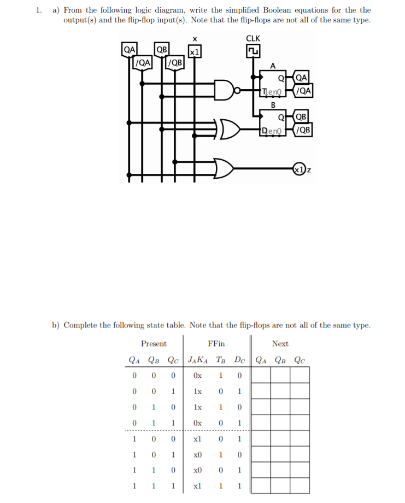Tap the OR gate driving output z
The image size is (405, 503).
225,168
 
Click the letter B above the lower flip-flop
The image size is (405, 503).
273,104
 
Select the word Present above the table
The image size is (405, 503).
154,343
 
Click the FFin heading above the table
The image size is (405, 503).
216,343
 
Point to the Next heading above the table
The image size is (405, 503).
280,343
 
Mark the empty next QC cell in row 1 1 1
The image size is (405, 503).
299,486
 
